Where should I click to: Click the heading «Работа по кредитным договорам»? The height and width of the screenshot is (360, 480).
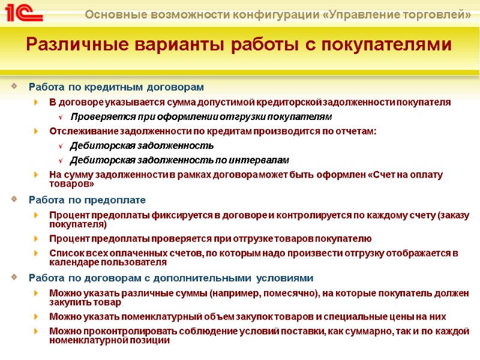116,88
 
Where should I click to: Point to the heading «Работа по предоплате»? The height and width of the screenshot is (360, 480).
87,199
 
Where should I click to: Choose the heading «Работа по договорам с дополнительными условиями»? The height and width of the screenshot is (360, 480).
171,278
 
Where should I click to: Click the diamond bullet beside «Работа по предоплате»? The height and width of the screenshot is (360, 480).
14,199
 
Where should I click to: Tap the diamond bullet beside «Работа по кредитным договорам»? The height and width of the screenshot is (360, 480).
14,88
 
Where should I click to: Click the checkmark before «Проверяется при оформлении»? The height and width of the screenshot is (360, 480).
62,117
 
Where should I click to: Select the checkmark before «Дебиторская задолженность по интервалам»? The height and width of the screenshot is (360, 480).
62,160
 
